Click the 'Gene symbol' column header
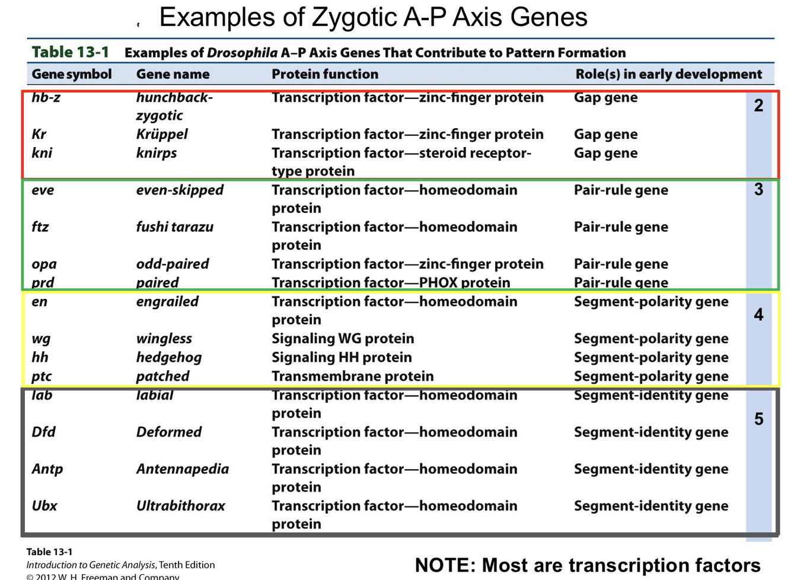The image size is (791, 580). click(x=71, y=74)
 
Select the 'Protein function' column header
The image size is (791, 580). click(x=324, y=74)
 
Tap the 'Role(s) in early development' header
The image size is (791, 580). click(x=668, y=74)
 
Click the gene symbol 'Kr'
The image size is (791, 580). click(x=39, y=134)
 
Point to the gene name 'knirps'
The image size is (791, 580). click(x=157, y=153)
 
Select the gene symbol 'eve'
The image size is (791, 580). click(x=43, y=190)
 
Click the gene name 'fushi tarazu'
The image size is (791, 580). click(x=174, y=227)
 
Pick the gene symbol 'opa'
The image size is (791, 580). click(x=44, y=264)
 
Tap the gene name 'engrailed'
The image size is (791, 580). click(x=167, y=301)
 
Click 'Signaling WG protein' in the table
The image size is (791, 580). click(x=343, y=339)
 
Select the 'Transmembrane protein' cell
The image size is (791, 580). click(x=352, y=376)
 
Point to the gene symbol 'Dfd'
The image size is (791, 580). click(x=43, y=432)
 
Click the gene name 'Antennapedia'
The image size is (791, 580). click(x=182, y=469)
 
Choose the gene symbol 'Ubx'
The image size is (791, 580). click(x=44, y=506)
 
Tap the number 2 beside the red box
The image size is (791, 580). click(x=758, y=106)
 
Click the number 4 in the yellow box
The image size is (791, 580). click(x=758, y=314)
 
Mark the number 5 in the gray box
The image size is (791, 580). click(x=758, y=419)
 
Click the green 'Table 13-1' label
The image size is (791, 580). click(x=70, y=52)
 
